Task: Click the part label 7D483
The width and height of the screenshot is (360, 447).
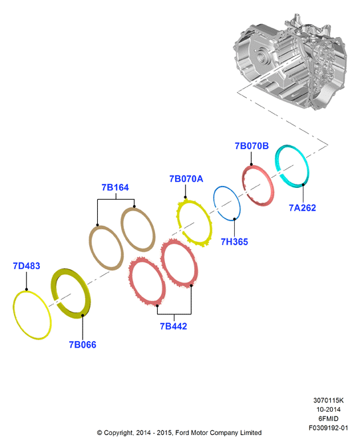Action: tap(27, 266)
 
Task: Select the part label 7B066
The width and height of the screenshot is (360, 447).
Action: tap(83, 344)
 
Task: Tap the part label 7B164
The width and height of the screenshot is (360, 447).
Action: tap(115, 187)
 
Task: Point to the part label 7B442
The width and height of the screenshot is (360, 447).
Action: tap(174, 326)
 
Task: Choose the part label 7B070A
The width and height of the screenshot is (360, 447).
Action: tap(186, 179)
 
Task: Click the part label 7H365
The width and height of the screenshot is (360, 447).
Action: tap(234, 242)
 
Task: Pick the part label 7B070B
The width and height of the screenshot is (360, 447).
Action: tap(252, 146)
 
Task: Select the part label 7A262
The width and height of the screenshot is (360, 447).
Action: tap(303, 208)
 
